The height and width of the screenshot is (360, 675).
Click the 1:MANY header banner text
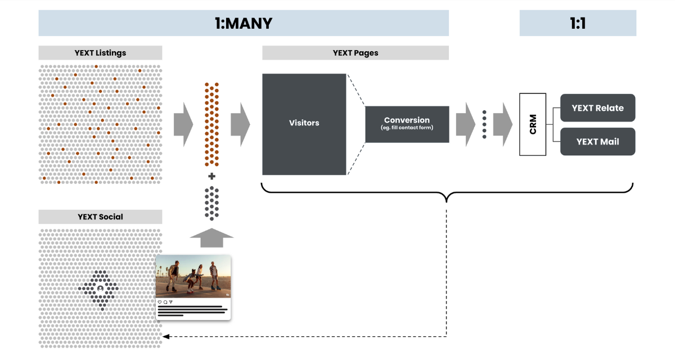pos(244,23)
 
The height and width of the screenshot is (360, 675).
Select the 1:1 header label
pos(578,23)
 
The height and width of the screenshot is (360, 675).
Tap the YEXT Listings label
pos(100,53)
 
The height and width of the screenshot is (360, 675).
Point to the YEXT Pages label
pos(355,53)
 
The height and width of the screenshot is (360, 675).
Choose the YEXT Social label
pos(100,217)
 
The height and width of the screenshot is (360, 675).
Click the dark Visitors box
pos(304,124)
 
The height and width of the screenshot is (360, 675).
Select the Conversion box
pos(407,124)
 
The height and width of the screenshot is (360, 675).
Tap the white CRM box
pos(533,124)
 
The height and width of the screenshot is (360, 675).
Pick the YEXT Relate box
pos(597,108)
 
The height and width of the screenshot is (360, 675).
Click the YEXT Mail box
pos(597,142)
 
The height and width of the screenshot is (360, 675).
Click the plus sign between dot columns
pos(211,177)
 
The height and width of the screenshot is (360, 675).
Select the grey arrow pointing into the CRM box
pos(502,124)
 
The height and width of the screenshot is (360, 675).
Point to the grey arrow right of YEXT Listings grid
pos(183,124)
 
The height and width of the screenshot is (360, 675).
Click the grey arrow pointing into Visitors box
pos(240,124)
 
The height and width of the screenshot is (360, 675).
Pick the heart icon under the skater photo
pos(160,302)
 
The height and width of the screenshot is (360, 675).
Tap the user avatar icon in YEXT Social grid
pos(100,288)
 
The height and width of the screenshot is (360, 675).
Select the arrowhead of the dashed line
pos(165,337)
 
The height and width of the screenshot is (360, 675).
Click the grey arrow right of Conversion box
pos(465,124)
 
